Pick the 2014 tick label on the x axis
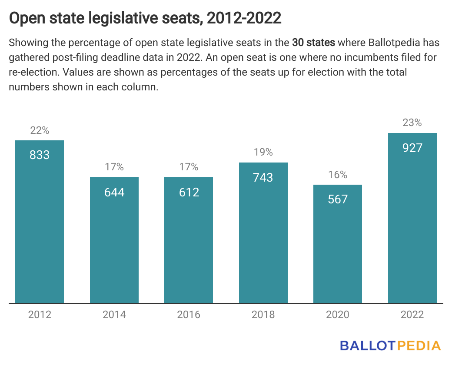114,315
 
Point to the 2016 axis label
189,315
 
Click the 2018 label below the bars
263,315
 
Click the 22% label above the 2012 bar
40,130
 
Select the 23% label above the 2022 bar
412,123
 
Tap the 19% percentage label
263,153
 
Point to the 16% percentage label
338,175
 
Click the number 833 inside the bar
40,155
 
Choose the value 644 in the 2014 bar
114,192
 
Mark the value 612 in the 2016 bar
189,192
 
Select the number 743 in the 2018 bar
263,177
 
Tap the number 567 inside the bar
338,199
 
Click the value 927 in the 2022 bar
412,148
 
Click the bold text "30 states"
313,43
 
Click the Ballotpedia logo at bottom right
390,346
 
